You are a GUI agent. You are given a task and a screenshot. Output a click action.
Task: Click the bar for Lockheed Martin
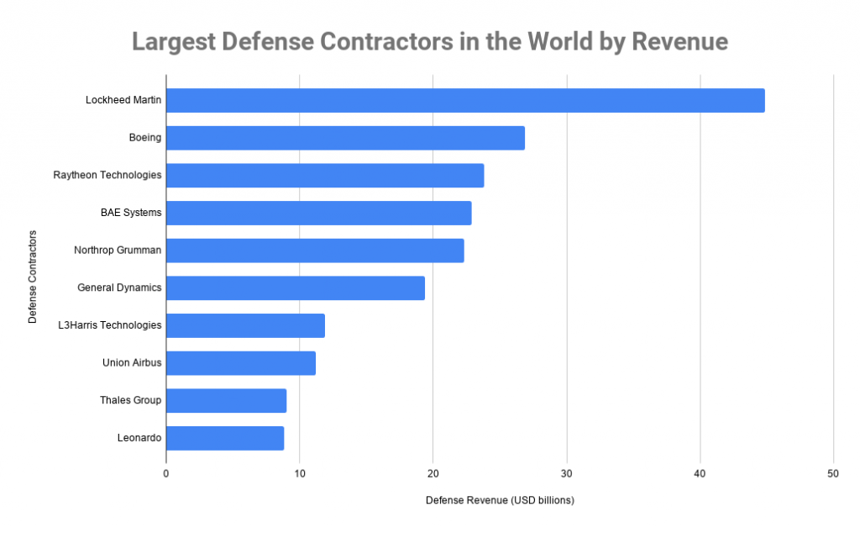[x=465, y=100]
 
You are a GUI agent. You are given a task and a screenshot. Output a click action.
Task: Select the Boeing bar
[x=345, y=138]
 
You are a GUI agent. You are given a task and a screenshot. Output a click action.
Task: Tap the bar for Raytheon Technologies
[x=325, y=176]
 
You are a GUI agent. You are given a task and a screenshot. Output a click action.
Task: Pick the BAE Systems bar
[x=318, y=213]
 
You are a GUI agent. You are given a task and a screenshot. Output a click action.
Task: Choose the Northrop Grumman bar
[x=315, y=251]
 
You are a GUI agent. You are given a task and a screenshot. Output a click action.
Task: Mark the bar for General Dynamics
[x=296, y=288]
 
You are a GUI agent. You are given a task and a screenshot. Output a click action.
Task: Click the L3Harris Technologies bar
[x=245, y=325]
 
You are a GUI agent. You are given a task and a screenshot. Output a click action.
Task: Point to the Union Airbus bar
[x=241, y=363]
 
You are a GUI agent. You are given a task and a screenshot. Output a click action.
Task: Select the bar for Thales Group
[x=226, y=400]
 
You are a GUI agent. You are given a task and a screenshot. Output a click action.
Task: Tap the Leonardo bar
[x=225, y=438]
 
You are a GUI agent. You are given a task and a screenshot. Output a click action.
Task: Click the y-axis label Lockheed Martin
[x=123, y=100]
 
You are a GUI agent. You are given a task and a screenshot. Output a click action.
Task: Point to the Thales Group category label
[x=130, y=400]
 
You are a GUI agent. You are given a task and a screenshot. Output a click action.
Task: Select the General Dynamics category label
[x=119, y=288]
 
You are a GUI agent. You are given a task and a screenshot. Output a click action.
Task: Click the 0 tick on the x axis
[x=166, y=474]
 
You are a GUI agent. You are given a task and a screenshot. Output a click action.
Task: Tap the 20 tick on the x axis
[x=433, y=474]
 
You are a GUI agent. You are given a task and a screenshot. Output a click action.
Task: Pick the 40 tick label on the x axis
[x=700, y=474]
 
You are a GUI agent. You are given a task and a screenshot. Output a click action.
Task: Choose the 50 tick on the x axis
[x=833, y=474]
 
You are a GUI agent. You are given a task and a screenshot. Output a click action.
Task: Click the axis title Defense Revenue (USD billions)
[x=500, y=500]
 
